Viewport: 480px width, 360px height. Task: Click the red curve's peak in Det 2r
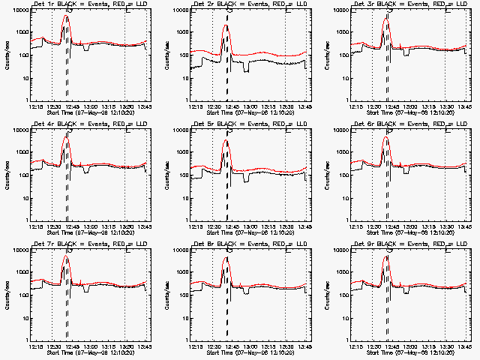pos(226,25)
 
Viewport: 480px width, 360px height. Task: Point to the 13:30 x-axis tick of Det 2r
pos(286,106)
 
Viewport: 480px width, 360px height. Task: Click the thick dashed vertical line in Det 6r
pos(388,180)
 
